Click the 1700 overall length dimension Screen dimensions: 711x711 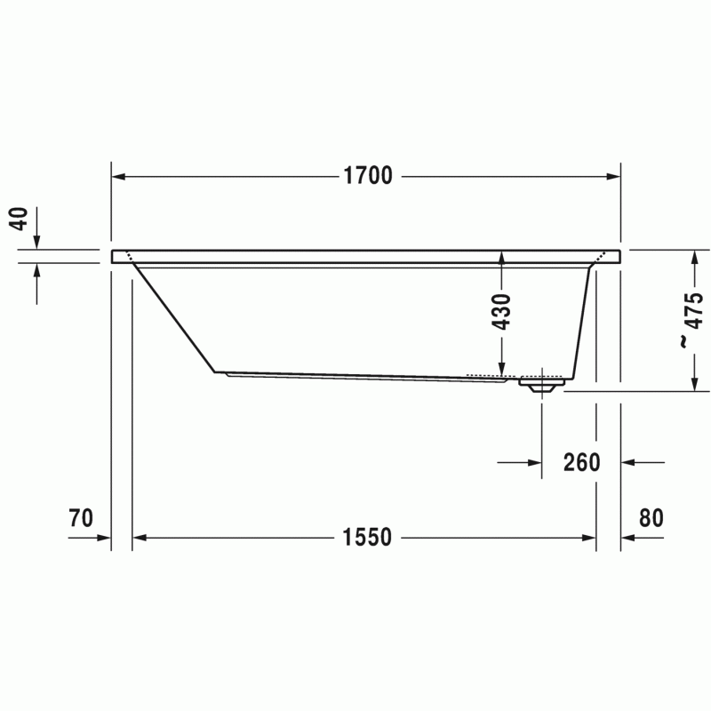pyautogui.click(x=368, y=176)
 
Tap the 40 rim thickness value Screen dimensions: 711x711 pyautogui.click(x=20, y=219)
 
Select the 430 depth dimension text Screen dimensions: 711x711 pyautogui.click(x=501, y=312)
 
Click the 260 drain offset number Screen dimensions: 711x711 pyautogui.click(x=582, y=462)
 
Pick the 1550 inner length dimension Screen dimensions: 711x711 pyautogui.click(x=367, y=538)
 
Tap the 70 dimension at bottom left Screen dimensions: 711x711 pyautogui.click(x=81, y=518)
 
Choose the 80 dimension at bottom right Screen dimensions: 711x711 pyautogui.click(x=651, y=518)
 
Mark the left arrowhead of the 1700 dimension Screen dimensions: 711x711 pyautogui.click(x=118, y=176)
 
